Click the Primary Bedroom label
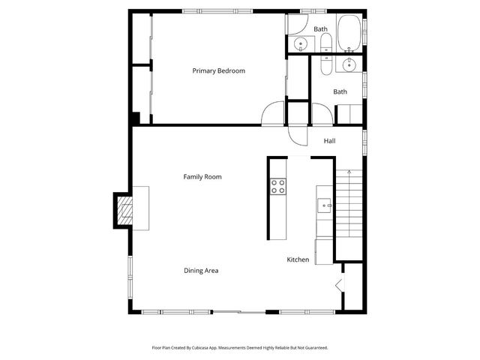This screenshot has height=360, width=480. click(x=218, y=71)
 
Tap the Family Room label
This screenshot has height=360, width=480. click(x=202, y=177)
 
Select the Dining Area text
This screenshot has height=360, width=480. click(x=201, y=271)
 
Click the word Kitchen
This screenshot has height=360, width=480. click(x=298, y=260)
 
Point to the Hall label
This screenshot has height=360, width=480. click(x=329, y=141)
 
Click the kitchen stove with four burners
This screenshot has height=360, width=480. click(x=277, y=186)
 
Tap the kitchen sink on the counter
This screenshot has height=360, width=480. click(x=324, y=204)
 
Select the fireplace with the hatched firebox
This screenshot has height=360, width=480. click(x=124, y=210)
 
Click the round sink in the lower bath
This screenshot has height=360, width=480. click(x=348, y=66)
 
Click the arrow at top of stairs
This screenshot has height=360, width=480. click(x=349, y=173)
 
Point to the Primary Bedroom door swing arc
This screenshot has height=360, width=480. click(x=271, y=112)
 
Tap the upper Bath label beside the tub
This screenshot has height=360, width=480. click(x=320, y=29)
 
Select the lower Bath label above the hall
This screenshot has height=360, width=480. click(x=340, y=91)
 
